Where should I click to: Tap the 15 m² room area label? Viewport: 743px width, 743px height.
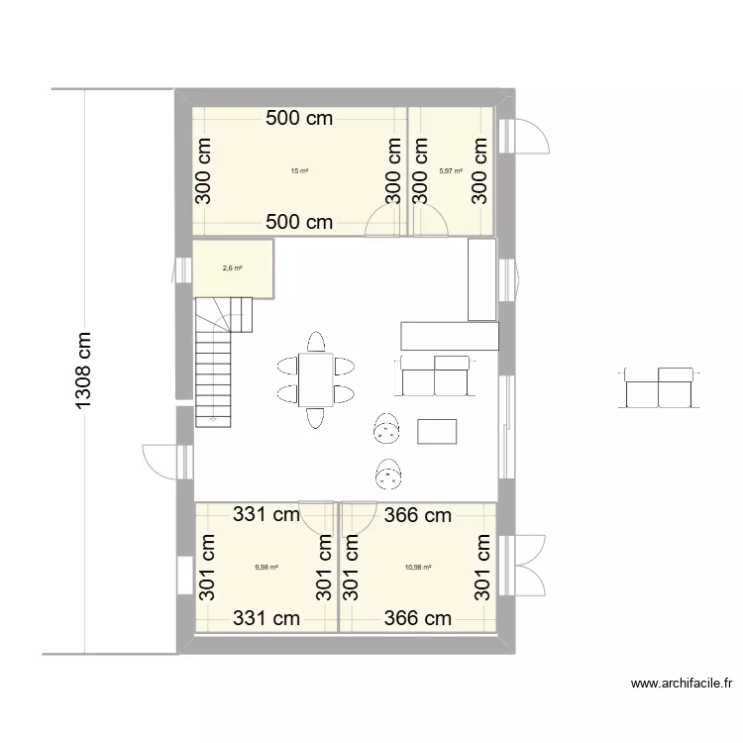coord(299,171)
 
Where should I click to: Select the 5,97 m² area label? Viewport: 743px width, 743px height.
coord(451,171)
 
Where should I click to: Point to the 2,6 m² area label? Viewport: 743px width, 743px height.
coord(233,267)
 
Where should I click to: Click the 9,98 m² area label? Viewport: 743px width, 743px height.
coord(266,568)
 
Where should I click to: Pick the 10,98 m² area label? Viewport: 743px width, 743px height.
coord(418,568)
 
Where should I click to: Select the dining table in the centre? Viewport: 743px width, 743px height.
coord(317,378)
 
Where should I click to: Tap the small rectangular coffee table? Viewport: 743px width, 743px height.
coord(438,432)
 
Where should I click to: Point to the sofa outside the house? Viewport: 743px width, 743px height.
coord(660,386)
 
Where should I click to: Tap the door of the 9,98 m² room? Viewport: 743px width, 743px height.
coord(318,516)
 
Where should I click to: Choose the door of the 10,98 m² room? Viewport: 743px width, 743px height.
coord(359,516)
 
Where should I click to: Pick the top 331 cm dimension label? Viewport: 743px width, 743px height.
coord(266,515)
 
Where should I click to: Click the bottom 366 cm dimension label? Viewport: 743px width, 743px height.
coord(417,619)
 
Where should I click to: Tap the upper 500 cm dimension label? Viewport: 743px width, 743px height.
coord(299,120)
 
